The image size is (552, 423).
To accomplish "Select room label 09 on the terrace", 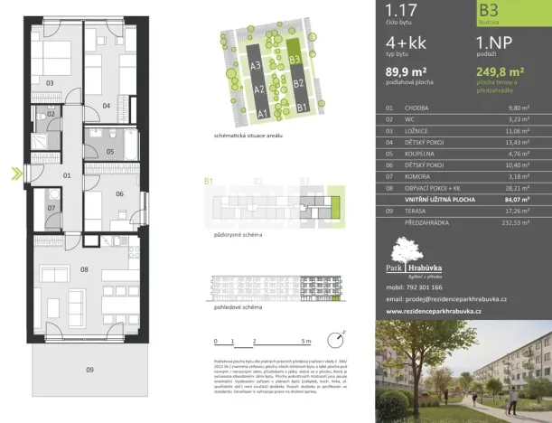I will pyautogui.click(x=89, y=370).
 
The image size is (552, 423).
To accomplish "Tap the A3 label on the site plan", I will pyautogui.click(x=256, y=66).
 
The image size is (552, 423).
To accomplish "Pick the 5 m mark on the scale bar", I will pyautogui.click(x=307, y=341).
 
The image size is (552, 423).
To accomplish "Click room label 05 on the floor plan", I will pyautogui.click(x=109, y=151).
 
